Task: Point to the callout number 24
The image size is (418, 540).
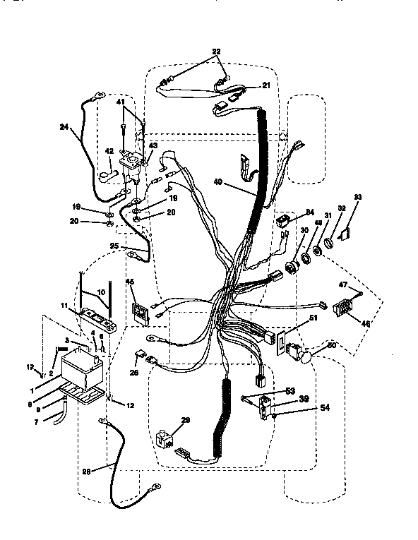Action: point(65,128)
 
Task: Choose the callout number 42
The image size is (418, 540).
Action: point(109,150)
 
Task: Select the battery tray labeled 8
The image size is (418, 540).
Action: point(83,392)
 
